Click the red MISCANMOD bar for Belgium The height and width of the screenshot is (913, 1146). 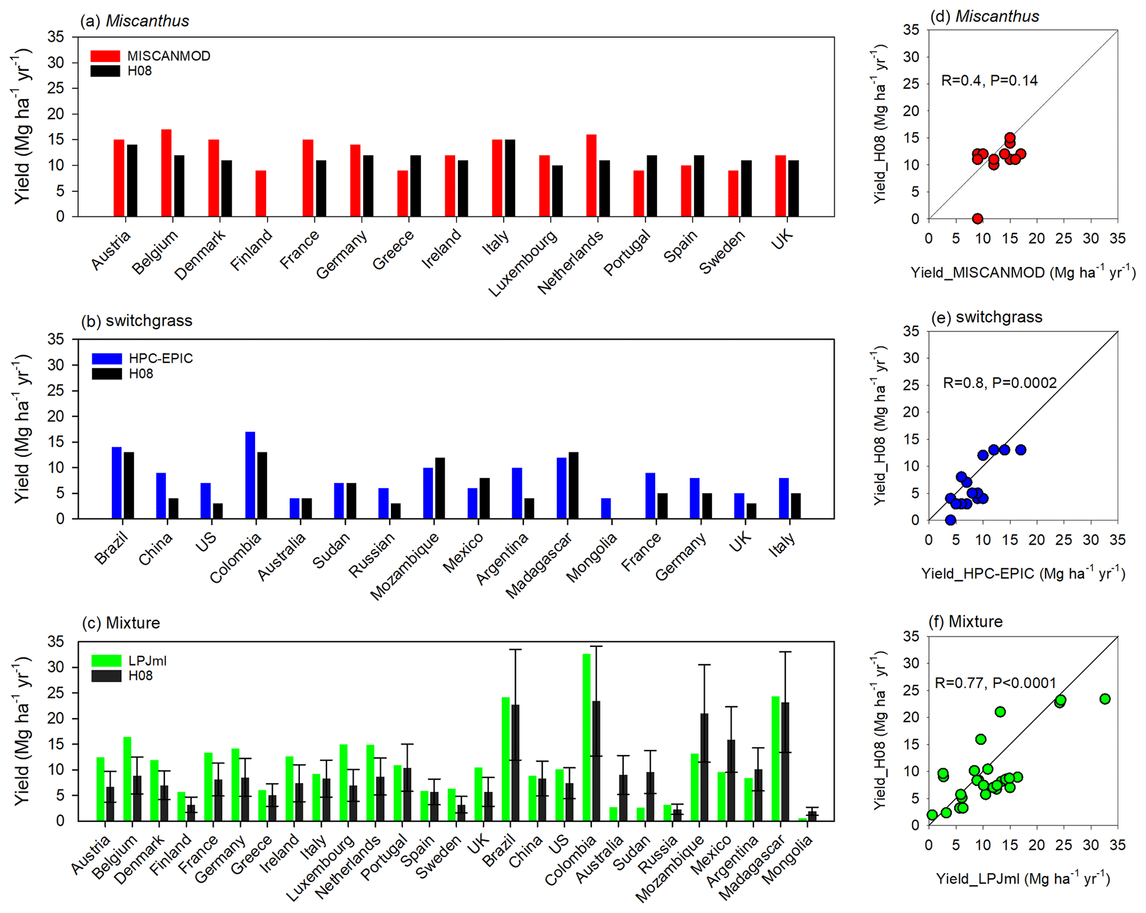166,173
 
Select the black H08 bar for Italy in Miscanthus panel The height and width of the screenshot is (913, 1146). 510,178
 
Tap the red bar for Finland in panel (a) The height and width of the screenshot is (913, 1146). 261,193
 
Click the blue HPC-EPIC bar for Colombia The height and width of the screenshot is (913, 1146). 250,475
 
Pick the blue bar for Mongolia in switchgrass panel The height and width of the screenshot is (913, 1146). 606,508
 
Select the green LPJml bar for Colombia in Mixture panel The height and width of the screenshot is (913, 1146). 587,737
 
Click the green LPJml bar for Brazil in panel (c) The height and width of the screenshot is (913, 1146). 506,759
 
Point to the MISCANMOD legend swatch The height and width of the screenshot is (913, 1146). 105,56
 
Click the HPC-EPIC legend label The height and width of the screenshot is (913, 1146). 161,359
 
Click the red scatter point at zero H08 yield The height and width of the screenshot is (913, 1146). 977,218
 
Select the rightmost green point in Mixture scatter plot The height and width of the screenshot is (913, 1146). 1105,699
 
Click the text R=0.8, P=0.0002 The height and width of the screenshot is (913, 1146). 1000,382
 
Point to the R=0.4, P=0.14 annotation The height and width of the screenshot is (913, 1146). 989,81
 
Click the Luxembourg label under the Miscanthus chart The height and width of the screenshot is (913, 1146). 523,263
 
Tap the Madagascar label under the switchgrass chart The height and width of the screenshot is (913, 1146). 538,565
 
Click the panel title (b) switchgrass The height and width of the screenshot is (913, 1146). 137,321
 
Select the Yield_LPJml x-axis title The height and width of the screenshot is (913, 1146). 1023,879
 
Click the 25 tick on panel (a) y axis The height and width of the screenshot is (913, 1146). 55,88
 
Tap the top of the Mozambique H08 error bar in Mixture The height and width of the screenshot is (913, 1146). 704,665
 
